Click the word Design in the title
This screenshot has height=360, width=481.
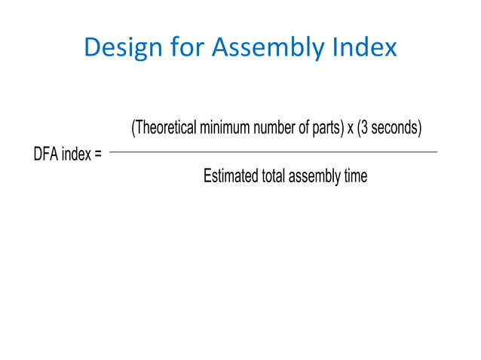120,47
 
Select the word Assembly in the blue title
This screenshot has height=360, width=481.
266,49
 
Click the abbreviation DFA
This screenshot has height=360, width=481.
45,156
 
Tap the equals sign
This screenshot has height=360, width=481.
98,157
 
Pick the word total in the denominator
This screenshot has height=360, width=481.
273,177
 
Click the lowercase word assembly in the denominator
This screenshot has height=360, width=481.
313,178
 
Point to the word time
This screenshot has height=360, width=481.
354,177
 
